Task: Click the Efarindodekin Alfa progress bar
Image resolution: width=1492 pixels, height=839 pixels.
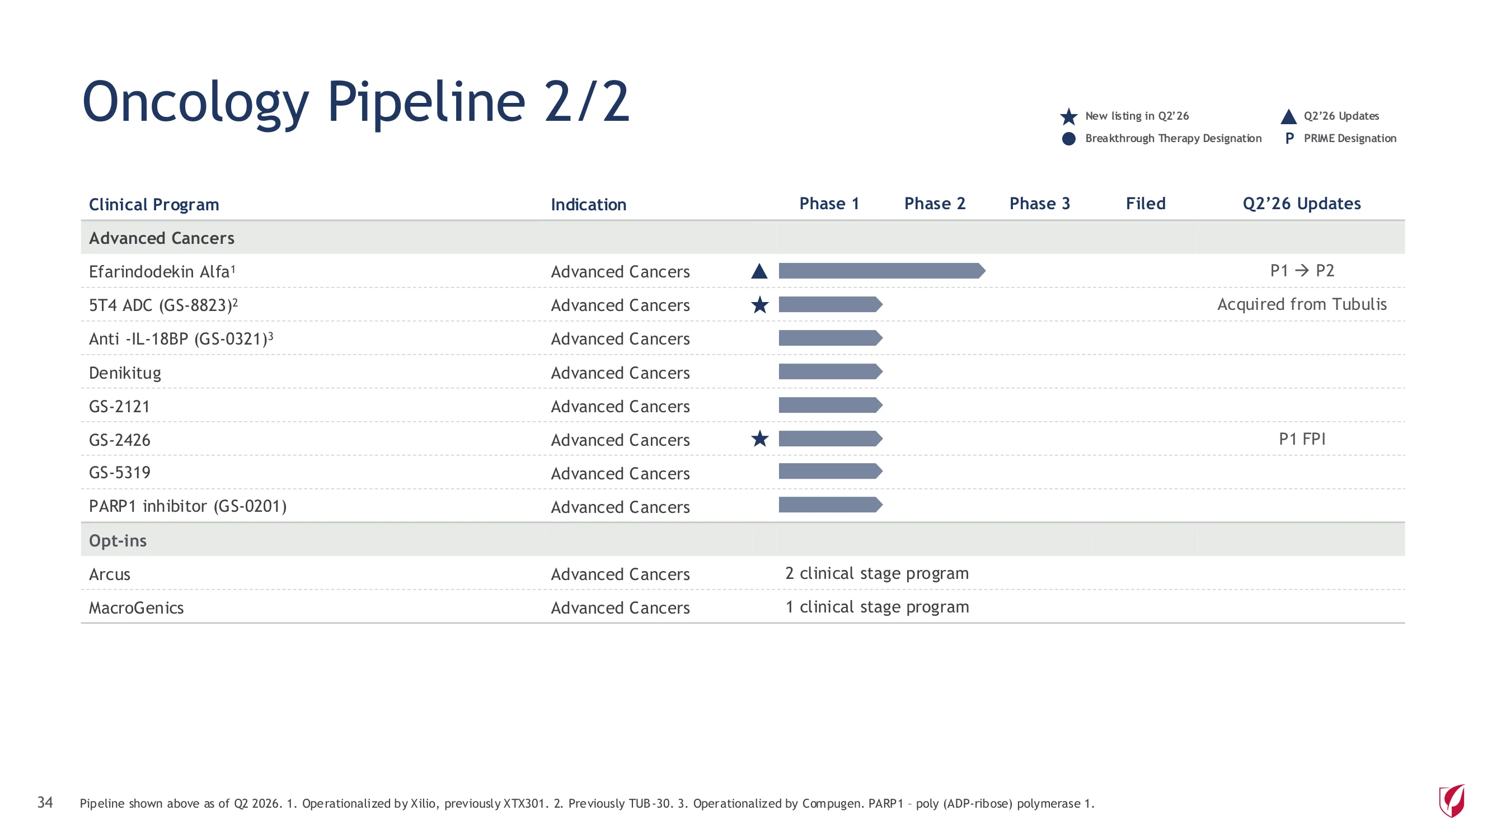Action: tap(881, 270)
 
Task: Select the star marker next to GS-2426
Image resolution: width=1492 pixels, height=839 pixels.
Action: tap(759, 439)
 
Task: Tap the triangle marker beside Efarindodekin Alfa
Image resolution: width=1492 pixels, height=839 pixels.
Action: tap(759, 271)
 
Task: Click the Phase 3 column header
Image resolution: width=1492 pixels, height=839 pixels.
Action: tap(1039, 204)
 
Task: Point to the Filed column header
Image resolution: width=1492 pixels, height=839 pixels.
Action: tap(1145, 204)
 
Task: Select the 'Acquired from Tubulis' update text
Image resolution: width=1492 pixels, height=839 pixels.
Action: tap(1302, 305)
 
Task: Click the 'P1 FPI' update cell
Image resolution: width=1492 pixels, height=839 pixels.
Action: tap(1302, 439)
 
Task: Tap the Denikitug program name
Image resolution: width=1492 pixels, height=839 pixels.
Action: tap(125, 373)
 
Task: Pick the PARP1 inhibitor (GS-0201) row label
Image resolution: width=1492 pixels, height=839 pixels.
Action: tap(187, 507)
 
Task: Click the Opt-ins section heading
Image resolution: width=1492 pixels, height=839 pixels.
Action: tap(118, 541)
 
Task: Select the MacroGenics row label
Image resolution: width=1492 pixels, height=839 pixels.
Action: tap(136, 608)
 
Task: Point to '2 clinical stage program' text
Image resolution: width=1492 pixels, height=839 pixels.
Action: tap(877, 573)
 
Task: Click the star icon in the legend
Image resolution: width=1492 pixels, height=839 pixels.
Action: tap(1068, 116)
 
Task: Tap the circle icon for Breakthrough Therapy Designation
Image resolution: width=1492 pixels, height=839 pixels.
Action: tap(1068, 139)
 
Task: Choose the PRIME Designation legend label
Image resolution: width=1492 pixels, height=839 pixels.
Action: tap(1349, 138)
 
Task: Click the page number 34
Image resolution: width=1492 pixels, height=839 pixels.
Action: tap(45, 802)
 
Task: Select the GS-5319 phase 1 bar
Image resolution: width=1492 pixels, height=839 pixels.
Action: tap(831, 472)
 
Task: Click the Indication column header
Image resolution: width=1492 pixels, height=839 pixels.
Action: tap(588, 204)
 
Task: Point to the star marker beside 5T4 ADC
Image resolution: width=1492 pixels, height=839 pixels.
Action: tap(759, 305)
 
